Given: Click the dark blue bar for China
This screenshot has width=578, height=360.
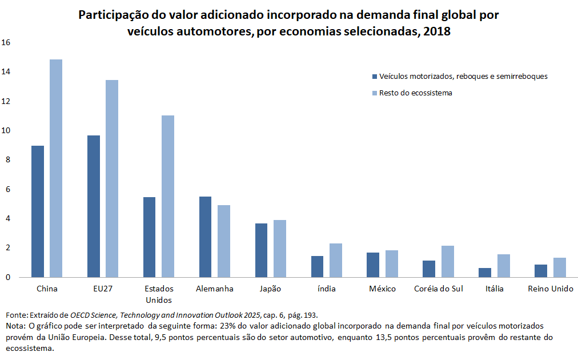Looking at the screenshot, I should tap(37, 211).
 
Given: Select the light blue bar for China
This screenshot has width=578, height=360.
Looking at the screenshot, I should tap(55, 169).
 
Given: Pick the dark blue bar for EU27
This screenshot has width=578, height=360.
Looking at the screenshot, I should tap(93, 206).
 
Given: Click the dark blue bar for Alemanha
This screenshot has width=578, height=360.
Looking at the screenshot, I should tap(205, 237).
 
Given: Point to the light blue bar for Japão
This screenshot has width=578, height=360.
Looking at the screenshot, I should tap(279, 249).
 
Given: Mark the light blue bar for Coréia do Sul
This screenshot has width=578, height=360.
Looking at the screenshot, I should tap(447, 261).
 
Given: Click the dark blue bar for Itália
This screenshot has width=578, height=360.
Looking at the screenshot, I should tap(484, 273).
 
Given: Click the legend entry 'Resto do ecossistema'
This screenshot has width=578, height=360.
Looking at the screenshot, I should tap(415, 93).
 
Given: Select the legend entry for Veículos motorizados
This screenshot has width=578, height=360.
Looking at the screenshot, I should tap(463, 76).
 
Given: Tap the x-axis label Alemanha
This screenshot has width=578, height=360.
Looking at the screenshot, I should tap(214, 289).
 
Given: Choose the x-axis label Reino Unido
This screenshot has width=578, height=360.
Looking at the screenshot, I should tap(551, 289).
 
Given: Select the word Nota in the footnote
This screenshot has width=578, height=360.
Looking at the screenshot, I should tap(14, 325).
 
